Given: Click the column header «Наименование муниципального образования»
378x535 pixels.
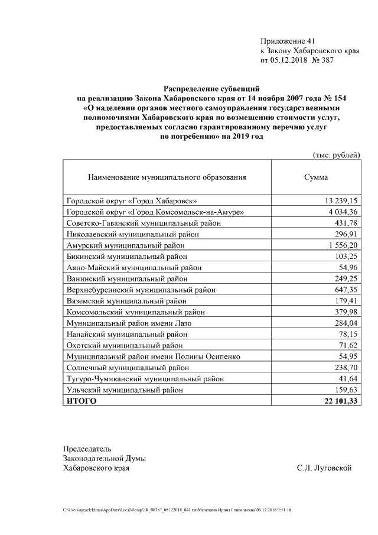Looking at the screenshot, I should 167,177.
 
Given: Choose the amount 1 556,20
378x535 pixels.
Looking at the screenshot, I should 343,245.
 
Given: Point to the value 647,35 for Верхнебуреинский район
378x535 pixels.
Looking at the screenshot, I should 347,290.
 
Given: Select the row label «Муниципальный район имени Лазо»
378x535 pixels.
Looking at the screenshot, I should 129,323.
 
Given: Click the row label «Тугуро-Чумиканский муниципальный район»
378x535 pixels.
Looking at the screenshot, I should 145,378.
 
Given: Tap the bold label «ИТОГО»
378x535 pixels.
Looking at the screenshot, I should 82,401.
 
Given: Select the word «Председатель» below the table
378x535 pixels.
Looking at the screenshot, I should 87,449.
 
